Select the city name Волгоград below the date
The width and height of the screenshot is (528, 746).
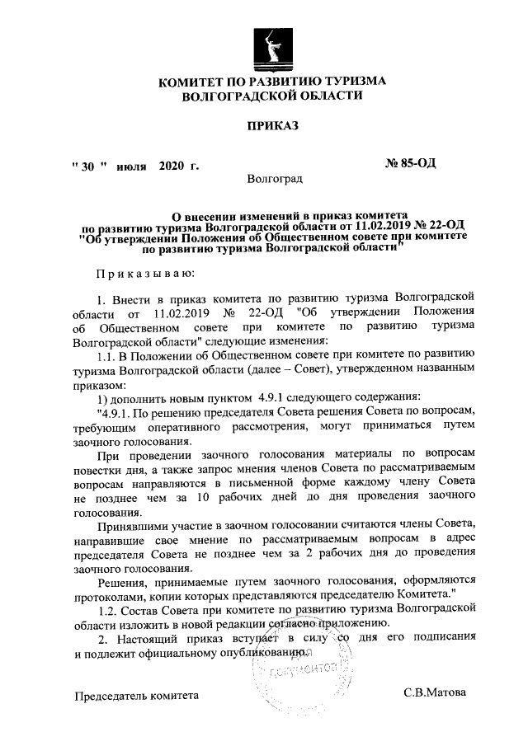[x=275, y=178]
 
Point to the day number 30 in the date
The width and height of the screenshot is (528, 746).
[x=88, y=165]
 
